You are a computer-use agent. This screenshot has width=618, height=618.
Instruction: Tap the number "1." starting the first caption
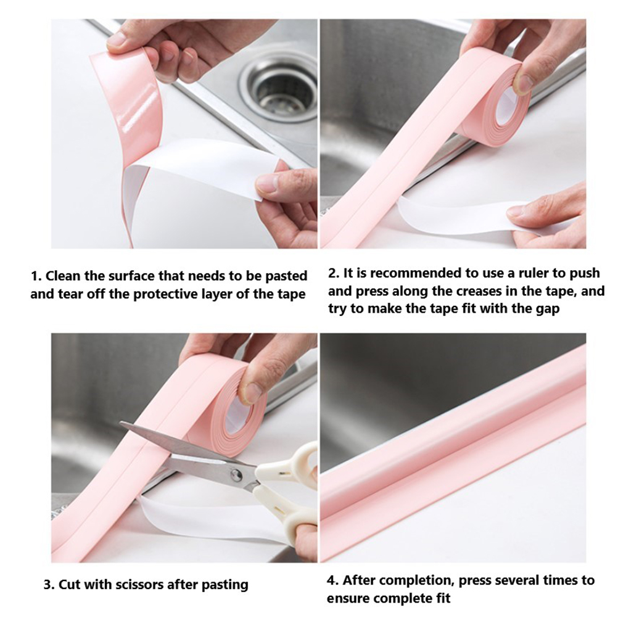tap(36, 276)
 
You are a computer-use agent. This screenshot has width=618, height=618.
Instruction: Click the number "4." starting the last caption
tap(332, 580)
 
